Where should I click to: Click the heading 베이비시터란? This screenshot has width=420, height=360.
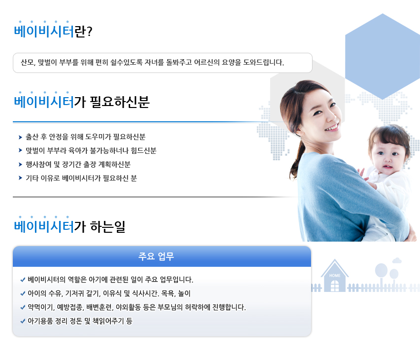click(53, 31)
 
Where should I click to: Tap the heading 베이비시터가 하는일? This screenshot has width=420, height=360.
click(70, 226)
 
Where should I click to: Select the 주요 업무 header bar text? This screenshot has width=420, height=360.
click(156, 256)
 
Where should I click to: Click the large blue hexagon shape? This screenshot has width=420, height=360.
click(383, 56)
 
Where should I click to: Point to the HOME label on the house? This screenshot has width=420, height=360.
click(335, 276)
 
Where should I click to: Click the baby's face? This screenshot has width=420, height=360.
click(387, 155)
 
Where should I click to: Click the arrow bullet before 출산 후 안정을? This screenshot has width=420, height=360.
click(20, 137)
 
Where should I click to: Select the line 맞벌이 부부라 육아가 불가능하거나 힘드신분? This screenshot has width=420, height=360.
click(91, 150)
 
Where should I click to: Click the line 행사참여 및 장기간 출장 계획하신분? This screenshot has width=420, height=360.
click(78, 164)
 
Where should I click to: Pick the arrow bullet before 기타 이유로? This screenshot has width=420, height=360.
click(20, 178)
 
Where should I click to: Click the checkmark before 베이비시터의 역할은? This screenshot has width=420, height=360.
click(23, 280)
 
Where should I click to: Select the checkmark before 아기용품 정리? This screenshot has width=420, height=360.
click(23, 321)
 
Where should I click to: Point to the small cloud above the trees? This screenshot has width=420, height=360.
click(397, 260)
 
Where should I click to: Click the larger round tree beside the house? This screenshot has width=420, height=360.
click(381, 270)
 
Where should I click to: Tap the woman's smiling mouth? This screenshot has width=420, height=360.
click(332, 128)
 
